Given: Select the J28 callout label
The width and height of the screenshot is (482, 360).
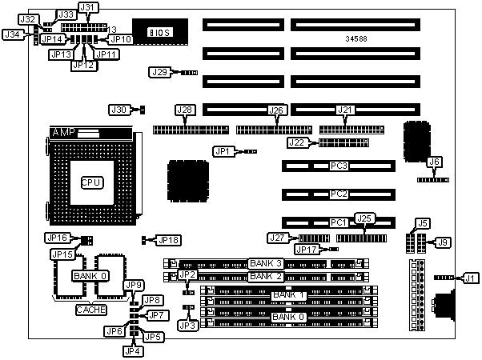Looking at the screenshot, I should pyautogui.click(x=184, y=110).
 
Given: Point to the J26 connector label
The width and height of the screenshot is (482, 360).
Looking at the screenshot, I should pyautogui.click(x=276, y=110).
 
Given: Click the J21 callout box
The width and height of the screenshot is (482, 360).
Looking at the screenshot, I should pyautogui.click(x=345, y=110).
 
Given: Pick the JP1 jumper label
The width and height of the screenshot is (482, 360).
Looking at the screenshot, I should pyautogui.click(x=222, y=150).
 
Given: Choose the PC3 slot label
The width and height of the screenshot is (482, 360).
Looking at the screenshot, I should pyautogui.click(x=339, y=166).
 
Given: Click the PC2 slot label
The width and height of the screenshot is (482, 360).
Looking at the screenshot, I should pyautogui.click(x=339, y=194).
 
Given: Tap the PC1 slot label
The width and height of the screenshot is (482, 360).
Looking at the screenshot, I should pyautogui.click(x=339, y=222).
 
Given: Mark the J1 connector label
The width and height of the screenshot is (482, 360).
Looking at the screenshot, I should pyautogui.click(x=469, y=278).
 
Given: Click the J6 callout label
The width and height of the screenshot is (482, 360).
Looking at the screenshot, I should pyautogui.click(x=435, y=162).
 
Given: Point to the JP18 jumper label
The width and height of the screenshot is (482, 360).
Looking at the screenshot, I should pyautogui.click(x=169, y=239).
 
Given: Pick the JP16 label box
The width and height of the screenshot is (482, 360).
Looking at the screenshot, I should pyautogui.click(x=58, y=238).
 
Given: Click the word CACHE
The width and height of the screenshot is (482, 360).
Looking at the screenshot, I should pyautogui.click(x=91, y=309).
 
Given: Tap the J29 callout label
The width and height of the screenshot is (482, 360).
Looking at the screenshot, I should pyautogui.click(x=160, y=73).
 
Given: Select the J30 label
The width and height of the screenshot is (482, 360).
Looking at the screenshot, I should pyautogui.click(x=118, y=110).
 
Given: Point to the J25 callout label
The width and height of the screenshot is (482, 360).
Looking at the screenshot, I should pyautogui.click(x=365, y=218).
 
